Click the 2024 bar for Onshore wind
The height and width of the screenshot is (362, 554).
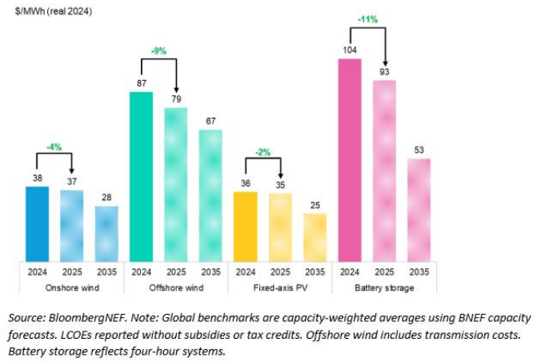[37, 223]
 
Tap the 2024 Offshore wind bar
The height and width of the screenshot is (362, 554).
[141, 175]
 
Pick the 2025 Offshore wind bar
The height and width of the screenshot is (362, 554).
[176, 183]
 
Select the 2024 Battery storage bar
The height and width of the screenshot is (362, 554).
[351, 159]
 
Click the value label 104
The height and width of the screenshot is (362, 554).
[351, 50]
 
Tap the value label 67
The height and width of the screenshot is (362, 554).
[211, 121]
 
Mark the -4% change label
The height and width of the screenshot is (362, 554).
[54, 147]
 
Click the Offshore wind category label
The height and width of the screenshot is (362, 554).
[176, 287]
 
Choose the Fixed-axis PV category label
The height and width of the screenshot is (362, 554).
[281, 287]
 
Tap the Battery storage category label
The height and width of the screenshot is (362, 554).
[385, 287]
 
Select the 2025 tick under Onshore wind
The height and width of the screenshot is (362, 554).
[72, 271]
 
